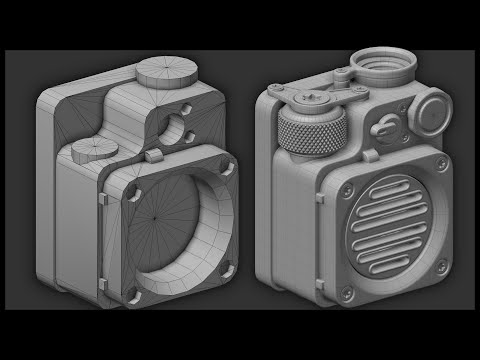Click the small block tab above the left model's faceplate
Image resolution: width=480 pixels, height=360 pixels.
(x=152, y=157)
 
